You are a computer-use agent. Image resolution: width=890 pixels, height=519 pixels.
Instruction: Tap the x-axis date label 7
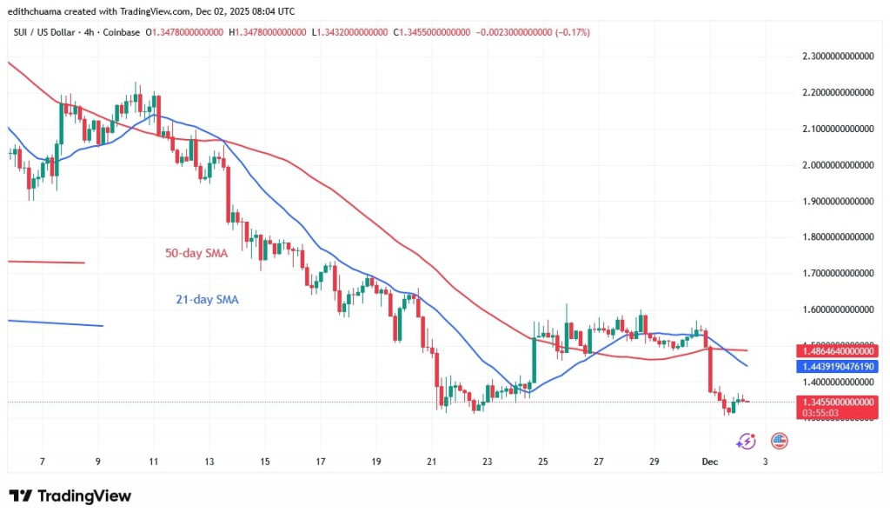pos(43,461)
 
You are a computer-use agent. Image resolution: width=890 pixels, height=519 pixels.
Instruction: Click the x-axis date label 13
pos(209,461)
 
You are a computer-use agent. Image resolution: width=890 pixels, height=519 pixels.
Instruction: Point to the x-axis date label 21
pos(432,461)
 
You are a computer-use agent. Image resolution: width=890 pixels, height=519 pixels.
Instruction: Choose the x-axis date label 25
pos(543,461)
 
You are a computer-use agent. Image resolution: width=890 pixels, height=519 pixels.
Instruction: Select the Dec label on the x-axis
pos(710,461)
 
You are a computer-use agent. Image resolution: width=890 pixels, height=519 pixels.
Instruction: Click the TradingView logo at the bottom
pos(70,496)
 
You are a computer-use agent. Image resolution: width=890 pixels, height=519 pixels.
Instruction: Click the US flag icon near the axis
pos(779,441)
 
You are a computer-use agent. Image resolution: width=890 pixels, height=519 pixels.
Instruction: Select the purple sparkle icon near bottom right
pos(746,441)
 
